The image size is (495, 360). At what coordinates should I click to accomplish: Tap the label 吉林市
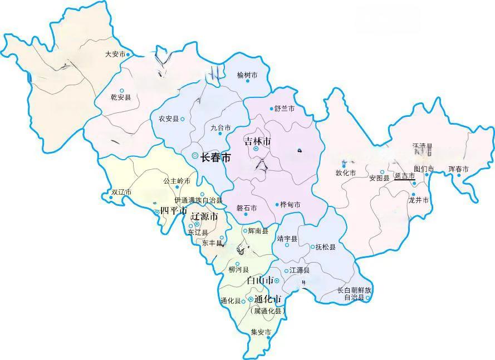point(257,141)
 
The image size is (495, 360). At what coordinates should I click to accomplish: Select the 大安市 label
point(115,55)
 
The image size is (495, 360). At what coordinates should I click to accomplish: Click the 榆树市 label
point(247,75)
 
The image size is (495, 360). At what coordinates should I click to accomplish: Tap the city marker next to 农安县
point(182,119)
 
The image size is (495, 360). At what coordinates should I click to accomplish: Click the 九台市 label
point(220,128)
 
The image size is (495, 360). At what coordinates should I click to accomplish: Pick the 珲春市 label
point(458,169)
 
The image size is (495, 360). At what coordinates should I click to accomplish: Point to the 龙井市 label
point(418,200)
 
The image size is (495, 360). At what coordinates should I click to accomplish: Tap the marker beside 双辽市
point(111,197)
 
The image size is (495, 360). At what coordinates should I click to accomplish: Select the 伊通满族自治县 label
point(198,200)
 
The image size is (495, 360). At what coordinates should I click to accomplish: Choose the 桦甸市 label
point(290,205)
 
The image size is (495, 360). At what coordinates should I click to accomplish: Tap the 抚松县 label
point(325,246)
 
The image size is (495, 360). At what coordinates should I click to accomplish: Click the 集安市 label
point(261,332)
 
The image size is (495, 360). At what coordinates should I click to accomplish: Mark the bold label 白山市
point(259,280)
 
